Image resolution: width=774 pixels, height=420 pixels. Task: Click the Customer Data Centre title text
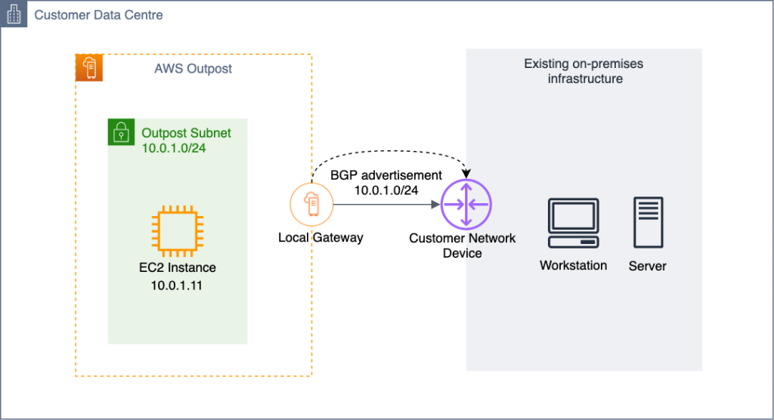[x=98, y=15]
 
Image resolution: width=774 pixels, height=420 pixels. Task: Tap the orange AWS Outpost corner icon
[x=89, y=68]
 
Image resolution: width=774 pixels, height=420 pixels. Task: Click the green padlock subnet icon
[x=120, y=132]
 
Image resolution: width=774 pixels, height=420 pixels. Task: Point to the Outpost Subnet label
[x=186, y=133]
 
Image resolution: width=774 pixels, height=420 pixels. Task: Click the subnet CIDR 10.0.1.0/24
[x=174, y=148]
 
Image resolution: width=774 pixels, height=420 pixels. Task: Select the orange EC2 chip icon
[x=176, y=230]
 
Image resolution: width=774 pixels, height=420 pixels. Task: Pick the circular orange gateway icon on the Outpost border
[x=311, y=204]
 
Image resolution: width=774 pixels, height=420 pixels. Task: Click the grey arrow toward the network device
[x=385, y=204]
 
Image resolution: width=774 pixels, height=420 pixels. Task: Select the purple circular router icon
[x=466, y=204]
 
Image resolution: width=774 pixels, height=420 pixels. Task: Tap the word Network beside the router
[x=492, y=238]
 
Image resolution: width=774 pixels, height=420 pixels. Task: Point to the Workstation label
[x=573, y=266]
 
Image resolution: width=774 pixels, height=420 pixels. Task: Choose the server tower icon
[x=649, y=223]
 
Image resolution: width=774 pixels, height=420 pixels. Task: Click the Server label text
[x=648, y=266]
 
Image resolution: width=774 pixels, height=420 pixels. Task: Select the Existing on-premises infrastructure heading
[x=584, y=71]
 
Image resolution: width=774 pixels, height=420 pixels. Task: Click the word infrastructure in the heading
[x=585, y=79]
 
